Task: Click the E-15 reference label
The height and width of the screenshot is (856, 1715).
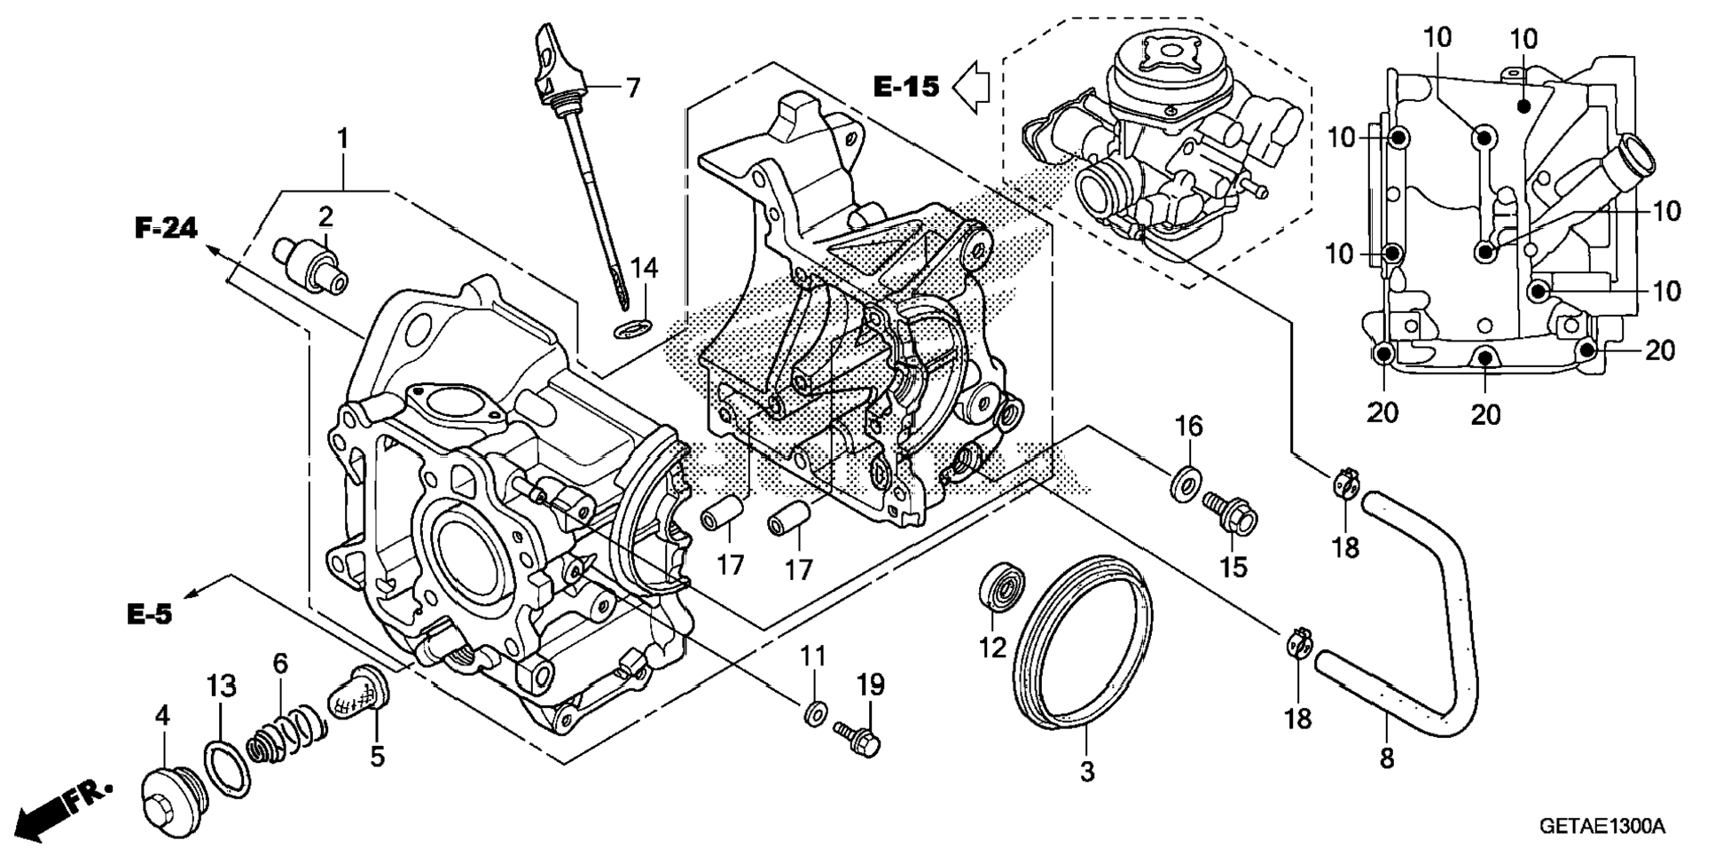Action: pos(905,86)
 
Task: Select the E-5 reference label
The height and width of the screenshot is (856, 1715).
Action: pos(149,613)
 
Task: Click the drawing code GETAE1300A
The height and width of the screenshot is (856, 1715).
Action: pos(1601,827)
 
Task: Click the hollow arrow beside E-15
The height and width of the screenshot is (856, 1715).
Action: pos(971,86)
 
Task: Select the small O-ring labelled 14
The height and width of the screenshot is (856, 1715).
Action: pos(630,331)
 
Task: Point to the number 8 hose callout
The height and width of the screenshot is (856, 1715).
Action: pos(1387,758)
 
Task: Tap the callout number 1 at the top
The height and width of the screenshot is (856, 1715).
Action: pos(342,139)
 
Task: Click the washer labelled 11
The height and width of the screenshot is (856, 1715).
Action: pos(815,711)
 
